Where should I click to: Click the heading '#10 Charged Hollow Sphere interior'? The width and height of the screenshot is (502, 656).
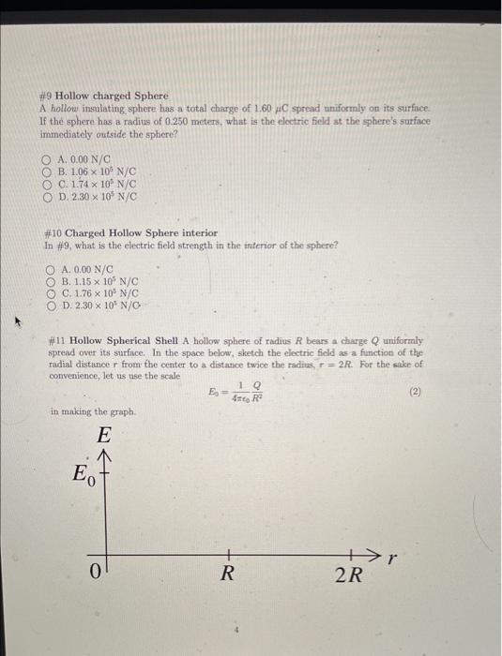[130, 232]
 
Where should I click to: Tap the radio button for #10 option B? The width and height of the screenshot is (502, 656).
[51, 280]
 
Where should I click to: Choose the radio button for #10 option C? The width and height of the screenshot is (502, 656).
[51, 292]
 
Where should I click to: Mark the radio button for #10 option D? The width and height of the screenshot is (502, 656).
[51, 306]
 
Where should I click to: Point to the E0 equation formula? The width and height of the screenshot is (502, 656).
[236, 393]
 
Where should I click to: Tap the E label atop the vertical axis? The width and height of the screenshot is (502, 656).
[104, 435]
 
